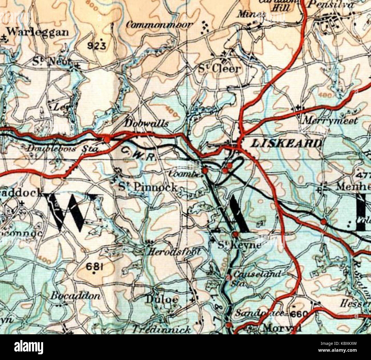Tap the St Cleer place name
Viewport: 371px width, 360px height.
coord(220,69)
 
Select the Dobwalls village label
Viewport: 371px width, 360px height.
coord(147,123)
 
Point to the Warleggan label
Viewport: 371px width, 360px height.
coord(38,32)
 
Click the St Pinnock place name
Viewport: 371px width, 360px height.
coord(148,187)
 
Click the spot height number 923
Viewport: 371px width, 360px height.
coord(96,45)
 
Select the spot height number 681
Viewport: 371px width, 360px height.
coord(94,267)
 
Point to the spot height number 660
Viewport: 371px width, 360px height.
coord(299,314)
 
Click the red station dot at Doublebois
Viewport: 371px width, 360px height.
coord(107,139)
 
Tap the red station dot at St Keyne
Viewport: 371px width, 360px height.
coord(235,234)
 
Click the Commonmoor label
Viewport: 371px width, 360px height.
coord(160,25)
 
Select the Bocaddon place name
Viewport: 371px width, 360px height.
coord(76,296)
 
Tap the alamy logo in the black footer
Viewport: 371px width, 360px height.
coord(29,347)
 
